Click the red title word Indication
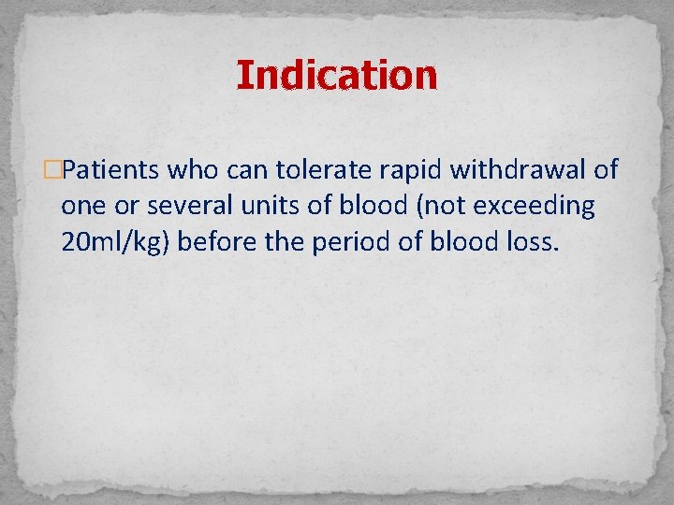[336, 75]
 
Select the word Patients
[113, 170]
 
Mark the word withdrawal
[519, 170]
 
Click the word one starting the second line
[81, 207]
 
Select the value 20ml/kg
[115, 243]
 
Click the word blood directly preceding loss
[462, 243]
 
